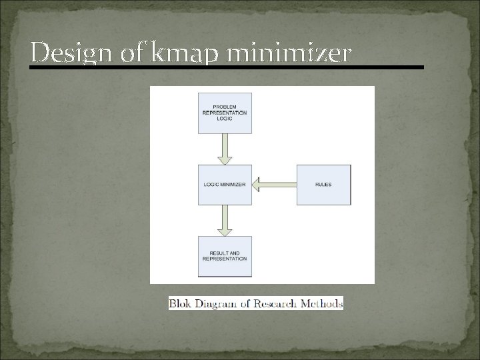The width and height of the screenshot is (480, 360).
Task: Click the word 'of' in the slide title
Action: click(131, 53)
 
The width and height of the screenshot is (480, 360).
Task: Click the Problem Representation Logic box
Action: click(225, 113)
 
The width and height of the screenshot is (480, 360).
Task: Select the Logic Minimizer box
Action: click(225, 184)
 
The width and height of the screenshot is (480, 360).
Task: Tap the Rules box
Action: click(323, 184)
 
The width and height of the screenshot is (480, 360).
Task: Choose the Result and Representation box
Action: click(225, 255)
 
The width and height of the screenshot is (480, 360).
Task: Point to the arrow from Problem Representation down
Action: click(225, 148)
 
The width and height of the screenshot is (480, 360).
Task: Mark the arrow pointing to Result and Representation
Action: click(225, 219)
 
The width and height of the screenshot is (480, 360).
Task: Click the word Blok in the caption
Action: click(180, 304)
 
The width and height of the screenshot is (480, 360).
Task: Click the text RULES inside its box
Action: click(323, 184)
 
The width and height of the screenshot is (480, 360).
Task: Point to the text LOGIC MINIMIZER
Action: click(225, 184)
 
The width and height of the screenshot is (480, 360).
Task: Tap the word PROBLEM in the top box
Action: click(225, 107)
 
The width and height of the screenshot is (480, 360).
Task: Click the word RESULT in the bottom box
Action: click(219, 253)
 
